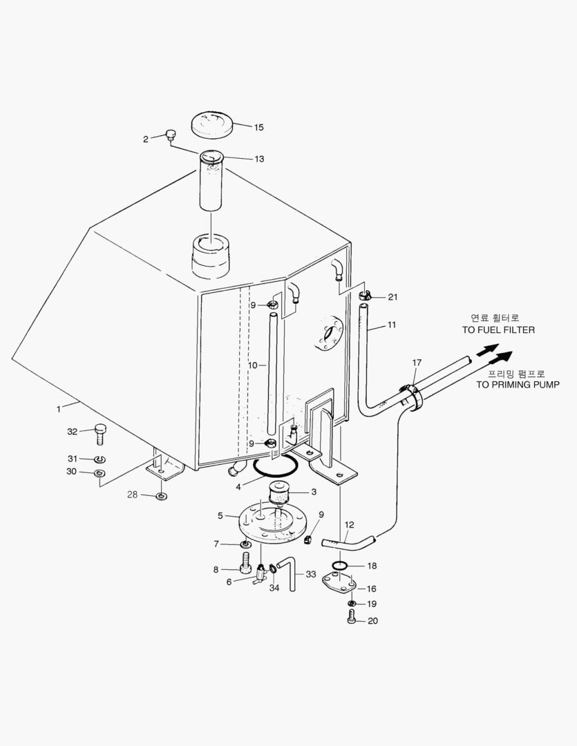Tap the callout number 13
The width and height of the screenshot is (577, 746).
coord(259,159)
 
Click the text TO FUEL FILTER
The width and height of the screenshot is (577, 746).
coord(498,330)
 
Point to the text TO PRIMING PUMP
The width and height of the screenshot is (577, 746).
coord(518,384)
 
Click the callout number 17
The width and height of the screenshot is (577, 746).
coord(417,363)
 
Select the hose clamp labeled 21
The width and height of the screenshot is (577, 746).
coord(366,296)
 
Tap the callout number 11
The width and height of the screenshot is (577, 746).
coord(392,324)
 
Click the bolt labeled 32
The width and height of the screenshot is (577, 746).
coord(100,434)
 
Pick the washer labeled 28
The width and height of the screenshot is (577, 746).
coord(160,496)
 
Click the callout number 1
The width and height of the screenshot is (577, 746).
coord(59,409)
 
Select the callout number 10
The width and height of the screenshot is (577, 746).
coord(252,364)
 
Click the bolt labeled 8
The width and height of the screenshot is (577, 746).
coord(244,568)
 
